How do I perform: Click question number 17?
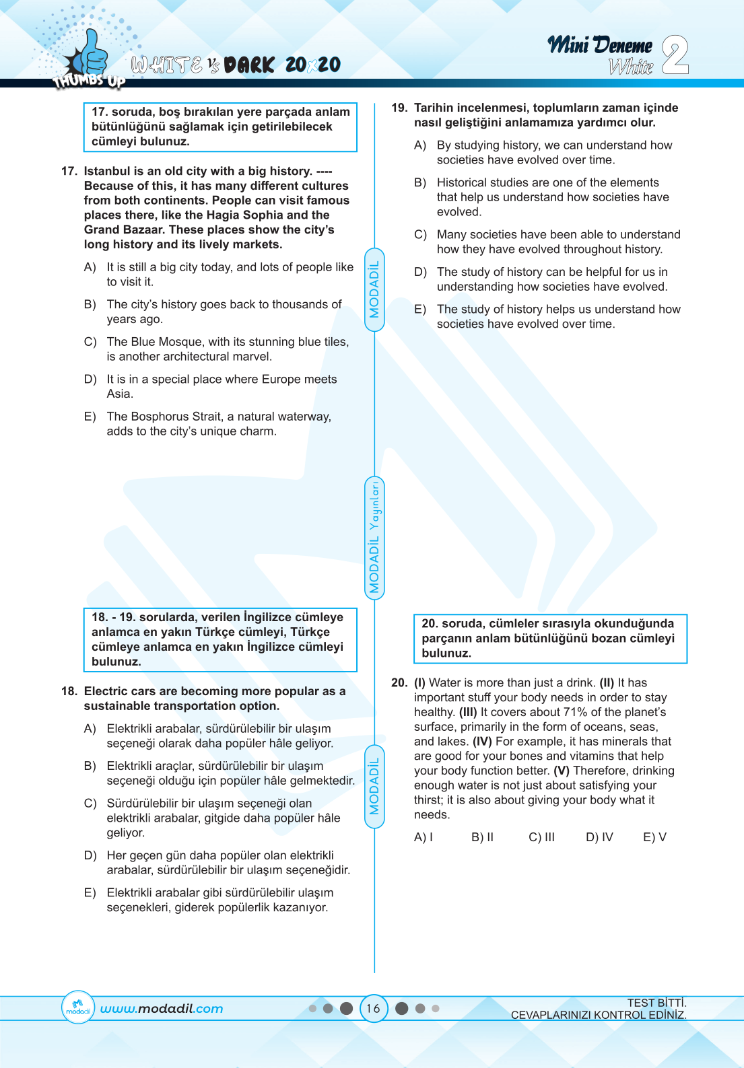[x=69, y=171]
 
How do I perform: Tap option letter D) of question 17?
[x=90, y=380]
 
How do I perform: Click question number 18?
[x=69, y=691]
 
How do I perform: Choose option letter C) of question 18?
[x=90, y=804]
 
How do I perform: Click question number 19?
[x=399, y=108]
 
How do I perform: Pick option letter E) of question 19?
[x=420, y=310]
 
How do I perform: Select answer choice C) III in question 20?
[x=541, y=837]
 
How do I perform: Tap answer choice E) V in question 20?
[x=654, y=837]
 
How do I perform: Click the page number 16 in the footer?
[x=373, y=1008]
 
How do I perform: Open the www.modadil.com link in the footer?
[x=162, y=1009]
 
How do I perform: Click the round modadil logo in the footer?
[x=77, y=1007]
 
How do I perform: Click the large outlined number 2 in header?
[x=675, y=55]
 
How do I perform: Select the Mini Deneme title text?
[x=599, y=46]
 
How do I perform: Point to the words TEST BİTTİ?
[x=656, y=1003]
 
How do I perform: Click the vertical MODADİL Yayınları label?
[x=374, y=537]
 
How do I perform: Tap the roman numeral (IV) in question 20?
[x=482, y=742]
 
